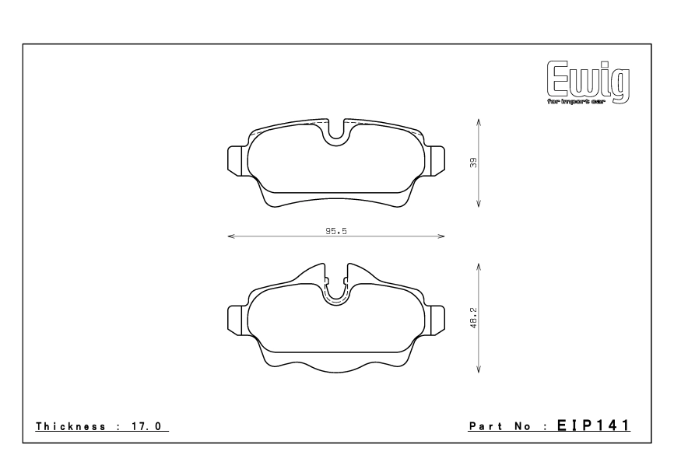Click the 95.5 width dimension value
[336, 230]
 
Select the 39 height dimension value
[472, 163]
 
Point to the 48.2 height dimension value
[472, 318]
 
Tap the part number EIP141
[594, 425]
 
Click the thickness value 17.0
[149, 426]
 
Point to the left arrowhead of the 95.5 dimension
[230, 236]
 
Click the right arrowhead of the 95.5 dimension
[442, 236]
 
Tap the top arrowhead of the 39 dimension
[478, 122]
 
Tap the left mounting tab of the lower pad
[236, 319]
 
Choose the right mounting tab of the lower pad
[437, 319]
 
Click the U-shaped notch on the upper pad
[336, 134]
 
